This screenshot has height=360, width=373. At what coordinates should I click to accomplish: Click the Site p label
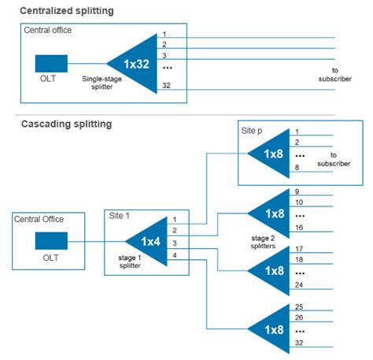(253, 128)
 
